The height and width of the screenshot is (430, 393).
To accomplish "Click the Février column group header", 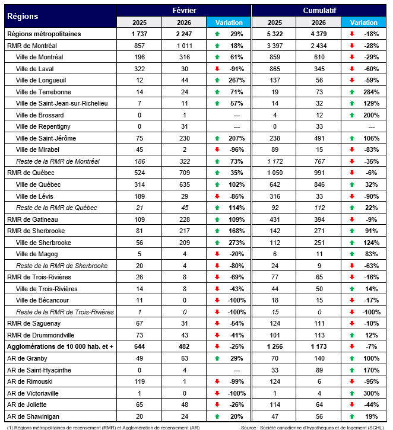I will (184, 11).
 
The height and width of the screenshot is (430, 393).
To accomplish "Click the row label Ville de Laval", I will (35, 68).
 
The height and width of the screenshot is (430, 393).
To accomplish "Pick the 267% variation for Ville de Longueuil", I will (237, 80).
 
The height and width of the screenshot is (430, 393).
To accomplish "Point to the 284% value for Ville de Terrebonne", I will (371, 92).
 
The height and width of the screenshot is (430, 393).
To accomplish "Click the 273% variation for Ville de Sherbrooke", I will (237, 243).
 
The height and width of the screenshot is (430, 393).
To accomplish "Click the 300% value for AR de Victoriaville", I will (371, 393).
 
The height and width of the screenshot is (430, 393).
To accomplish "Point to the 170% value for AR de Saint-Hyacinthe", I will (371, 370).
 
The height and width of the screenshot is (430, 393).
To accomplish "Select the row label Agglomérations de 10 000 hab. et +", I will (59, 346).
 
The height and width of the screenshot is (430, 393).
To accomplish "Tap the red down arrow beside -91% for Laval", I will (217, 68).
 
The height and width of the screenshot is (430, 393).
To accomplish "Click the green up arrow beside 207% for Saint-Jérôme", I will (217, 138).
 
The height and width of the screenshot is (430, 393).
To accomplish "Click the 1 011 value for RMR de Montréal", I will (184, 45).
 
